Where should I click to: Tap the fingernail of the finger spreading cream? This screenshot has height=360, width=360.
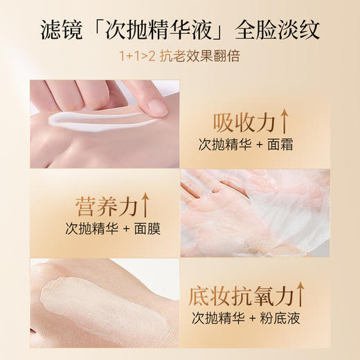click(x=156, y=106)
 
